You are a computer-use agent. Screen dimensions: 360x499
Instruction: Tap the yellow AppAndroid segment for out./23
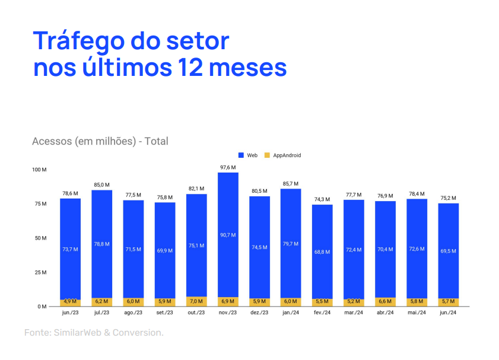[196, 301]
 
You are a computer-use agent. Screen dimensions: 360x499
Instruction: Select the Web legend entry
[248, 155]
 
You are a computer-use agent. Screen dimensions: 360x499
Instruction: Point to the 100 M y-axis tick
[39, 170]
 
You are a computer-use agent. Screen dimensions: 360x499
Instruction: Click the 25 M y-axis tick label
[40, 273]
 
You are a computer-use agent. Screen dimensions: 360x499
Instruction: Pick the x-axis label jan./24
[291, 313]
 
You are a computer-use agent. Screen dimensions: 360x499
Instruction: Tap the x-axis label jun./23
[71, 313]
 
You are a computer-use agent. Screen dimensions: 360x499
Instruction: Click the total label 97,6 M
[228, 167]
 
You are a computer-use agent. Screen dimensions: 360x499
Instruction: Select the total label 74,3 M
[322, 199]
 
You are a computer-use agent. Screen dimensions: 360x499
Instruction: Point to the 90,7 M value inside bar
[228, 235]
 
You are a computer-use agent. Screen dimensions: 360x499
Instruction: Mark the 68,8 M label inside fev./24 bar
[322, 252]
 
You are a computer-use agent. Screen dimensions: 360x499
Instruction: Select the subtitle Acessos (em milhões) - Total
[100, 141]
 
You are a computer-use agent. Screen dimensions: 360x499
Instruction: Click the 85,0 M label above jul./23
[102, 185]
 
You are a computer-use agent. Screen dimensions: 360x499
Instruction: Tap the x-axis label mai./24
[417, 313]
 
